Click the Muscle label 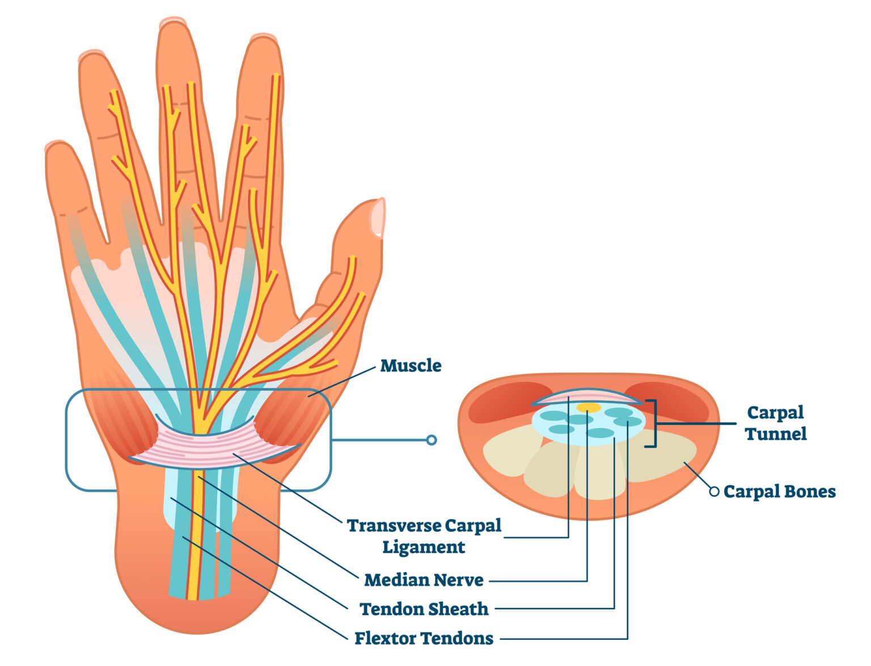[411, 365]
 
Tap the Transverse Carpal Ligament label [424, 536]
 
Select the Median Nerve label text [424, 580]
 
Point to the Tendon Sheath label [424, 609]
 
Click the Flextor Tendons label [424, 638]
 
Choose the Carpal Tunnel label [775, 423]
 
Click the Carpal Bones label [779, 491]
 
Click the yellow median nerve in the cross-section [589, 407]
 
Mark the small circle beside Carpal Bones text [714, 491]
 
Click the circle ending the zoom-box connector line [432, 440]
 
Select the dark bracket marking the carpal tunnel [653, 423]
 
